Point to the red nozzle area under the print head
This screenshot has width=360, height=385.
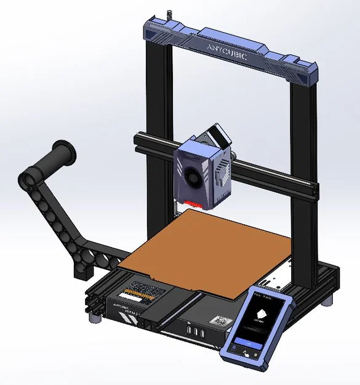pyautogui.click(x=193, y=203)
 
